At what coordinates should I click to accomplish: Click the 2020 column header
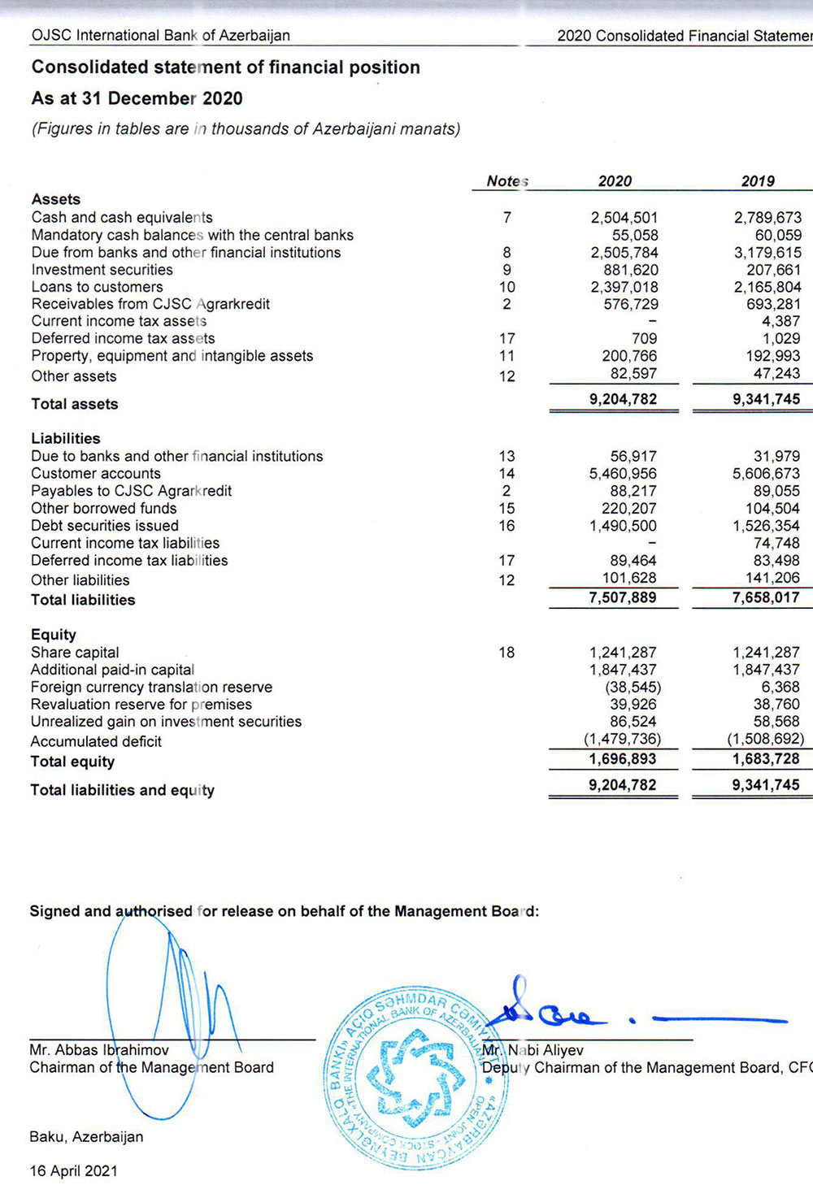click(615, 181)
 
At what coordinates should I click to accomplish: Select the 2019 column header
click(758, 181)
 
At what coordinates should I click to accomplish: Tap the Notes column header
click(507, 181)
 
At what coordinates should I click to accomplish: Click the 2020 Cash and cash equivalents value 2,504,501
click(624, 218)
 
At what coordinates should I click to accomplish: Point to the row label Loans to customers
click(97, 287)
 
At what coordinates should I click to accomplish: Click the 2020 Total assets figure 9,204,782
click(623, 399)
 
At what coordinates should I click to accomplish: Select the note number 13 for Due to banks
click(506, 457)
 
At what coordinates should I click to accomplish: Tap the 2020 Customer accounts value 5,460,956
click(623, 474)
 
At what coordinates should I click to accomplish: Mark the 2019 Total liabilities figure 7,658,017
click(766, 598)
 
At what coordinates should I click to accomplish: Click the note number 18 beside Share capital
click(506, 653)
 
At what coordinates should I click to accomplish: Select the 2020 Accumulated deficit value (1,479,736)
click(622, 740)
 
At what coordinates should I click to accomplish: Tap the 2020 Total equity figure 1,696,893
click(623, 759)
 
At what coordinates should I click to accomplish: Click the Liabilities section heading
click(66, 439)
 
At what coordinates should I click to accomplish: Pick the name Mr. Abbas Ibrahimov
click(99, 1050)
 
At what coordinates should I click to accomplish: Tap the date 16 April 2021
click(73, 1171)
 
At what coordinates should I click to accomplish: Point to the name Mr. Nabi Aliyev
click(533, 1050)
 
